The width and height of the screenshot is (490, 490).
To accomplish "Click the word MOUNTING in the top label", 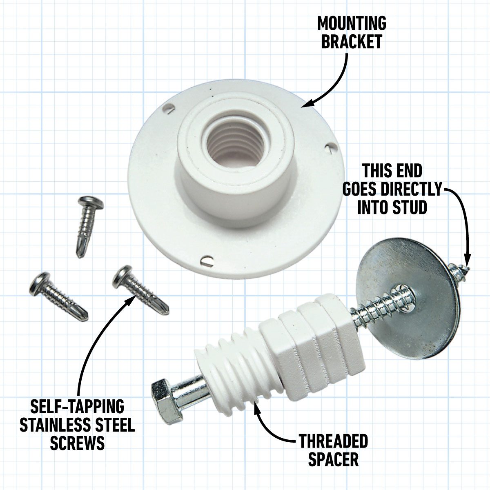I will (x=352, y=24).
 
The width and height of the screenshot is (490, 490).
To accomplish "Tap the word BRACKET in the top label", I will (x=352, y=42).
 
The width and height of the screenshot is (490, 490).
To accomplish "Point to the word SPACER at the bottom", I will (x=333, y=460).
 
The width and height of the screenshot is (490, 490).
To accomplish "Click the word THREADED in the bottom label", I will (x=333, y=441).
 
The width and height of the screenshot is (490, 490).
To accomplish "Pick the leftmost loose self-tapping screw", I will (x=57, y=295).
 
